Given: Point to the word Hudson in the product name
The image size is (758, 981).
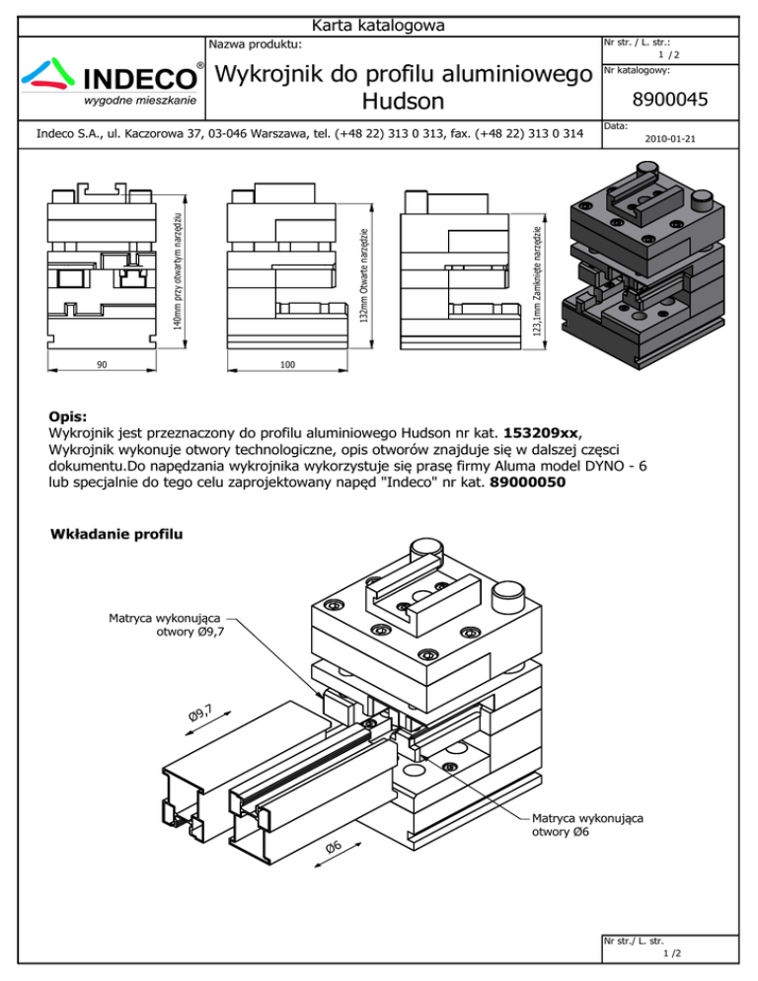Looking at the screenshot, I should (404, 102).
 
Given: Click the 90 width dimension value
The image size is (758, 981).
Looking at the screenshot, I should (102, 365).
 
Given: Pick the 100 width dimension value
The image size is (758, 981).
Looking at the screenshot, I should (287, 365).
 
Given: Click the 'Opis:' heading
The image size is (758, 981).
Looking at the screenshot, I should (68, 416).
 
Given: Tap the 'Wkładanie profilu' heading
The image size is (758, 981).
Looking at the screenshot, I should (116, 536).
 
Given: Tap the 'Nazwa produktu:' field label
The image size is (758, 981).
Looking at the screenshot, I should (256, 44).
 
